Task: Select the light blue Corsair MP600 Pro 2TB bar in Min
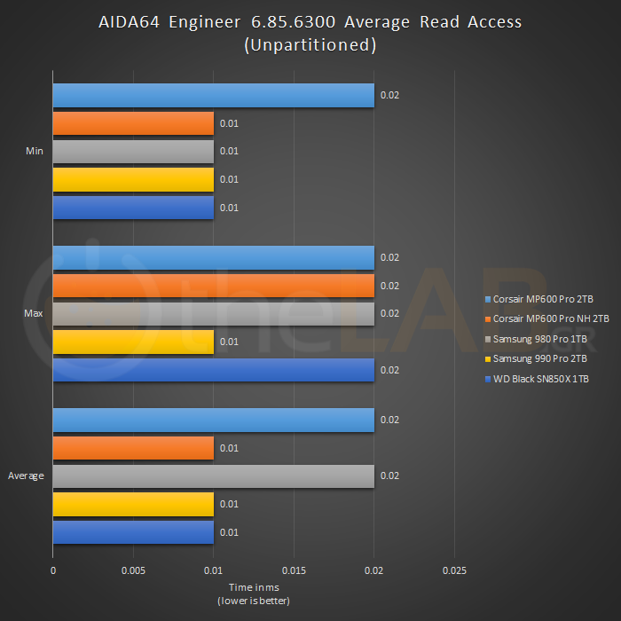click(213, 95)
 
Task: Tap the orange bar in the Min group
click(133, 123)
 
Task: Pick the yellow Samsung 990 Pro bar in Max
click(133, 342)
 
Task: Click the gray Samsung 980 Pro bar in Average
click(213, 476)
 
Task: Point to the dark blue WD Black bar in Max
click(213, 370)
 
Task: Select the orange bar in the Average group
click(133, 448)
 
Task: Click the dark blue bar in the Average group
click(133, 532)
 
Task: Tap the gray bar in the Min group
click(133, 152)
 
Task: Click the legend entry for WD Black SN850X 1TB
click(541, 380)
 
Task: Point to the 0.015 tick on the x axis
click(294, 570)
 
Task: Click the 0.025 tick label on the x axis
click(454, 570)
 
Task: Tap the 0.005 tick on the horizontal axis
click(133, 570)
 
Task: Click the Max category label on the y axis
click(35, 314)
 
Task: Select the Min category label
click(35, 152)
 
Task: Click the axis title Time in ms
click(254, 587)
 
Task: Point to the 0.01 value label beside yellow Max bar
click(229, 342)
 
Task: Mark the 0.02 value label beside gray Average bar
click(389, 476)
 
